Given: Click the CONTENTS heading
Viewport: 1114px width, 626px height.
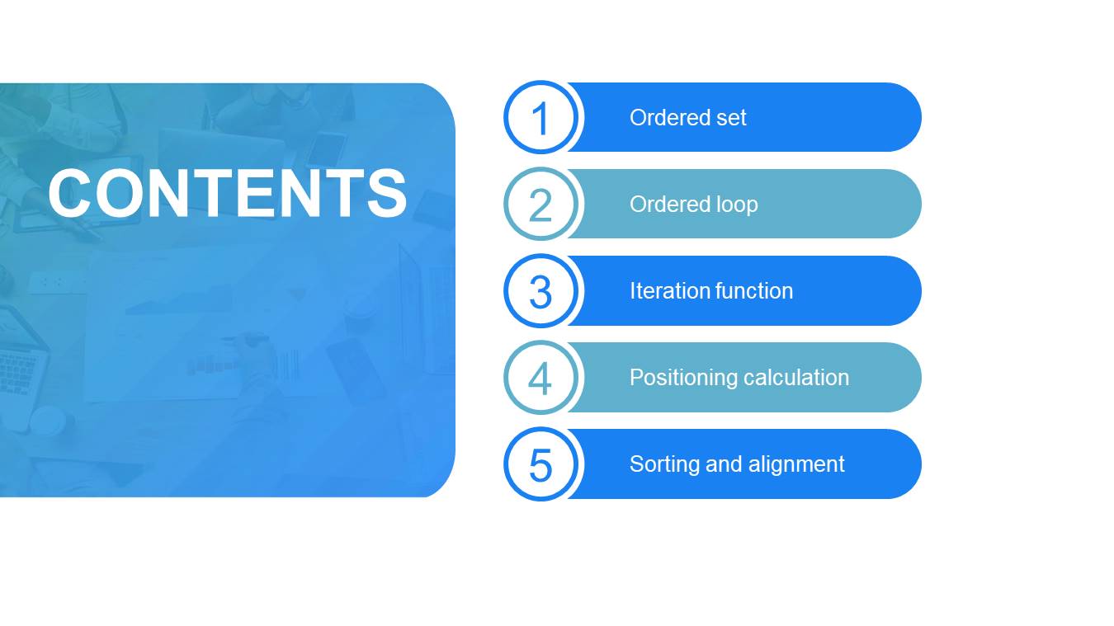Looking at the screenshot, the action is click(228, 193).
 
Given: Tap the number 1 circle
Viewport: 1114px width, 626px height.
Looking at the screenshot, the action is click(540, 117).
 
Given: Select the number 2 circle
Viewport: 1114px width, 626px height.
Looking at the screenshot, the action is click(540, 204).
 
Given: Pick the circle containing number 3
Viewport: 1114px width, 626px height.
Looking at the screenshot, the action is click(540, 291).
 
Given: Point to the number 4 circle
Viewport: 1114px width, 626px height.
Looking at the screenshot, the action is click(540, 378).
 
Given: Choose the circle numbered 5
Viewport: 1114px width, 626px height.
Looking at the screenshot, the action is click(540, 464).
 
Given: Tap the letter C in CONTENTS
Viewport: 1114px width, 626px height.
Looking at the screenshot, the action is click(69, 193).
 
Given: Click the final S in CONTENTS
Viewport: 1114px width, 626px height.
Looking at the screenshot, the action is click(387, 193).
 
